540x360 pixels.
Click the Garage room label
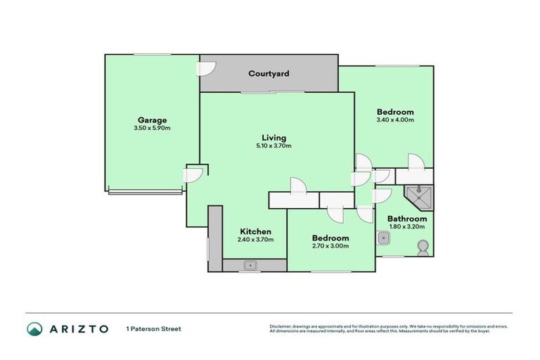152,120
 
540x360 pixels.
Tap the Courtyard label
269,74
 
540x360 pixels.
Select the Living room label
274,137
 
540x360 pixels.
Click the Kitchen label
255,231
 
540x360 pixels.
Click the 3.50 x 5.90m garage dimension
152,128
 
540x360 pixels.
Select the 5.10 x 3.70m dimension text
274,146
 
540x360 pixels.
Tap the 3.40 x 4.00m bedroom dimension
394,120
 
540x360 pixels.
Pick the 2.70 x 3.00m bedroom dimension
330,247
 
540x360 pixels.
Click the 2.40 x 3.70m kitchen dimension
255,240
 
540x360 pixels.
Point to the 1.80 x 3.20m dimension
407,228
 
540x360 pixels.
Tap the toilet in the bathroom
423,247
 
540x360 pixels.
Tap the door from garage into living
194,174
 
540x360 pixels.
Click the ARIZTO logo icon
34,328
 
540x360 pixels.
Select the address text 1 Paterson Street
153,328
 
